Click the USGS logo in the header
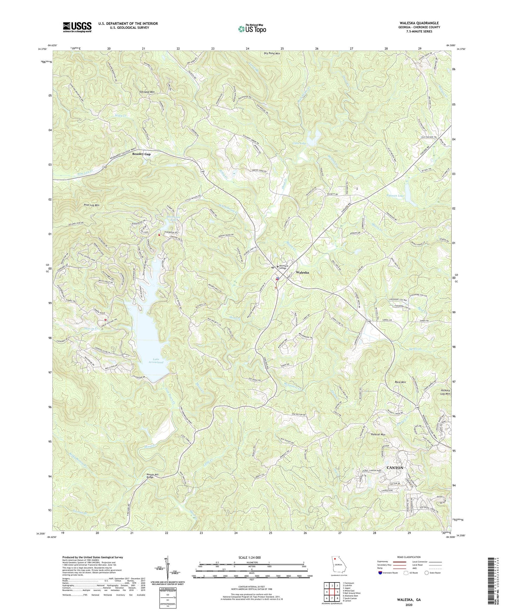[x=77, y=27]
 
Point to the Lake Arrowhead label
[x=156, y=360]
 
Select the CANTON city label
[x=395, y=468]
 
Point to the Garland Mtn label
[x=147, y=92]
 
